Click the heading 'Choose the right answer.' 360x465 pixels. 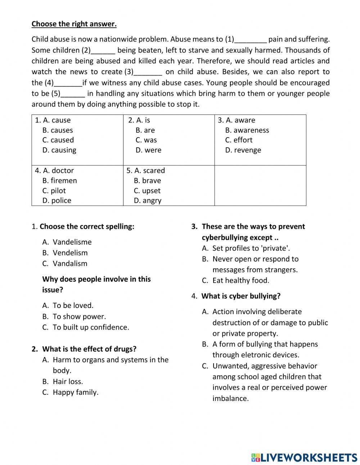click(74, 24)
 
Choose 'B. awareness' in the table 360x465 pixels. click(247, 130)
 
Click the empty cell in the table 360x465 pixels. click(260, 185)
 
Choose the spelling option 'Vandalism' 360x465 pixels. click(70, 264)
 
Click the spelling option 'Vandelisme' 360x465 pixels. click(72, 242)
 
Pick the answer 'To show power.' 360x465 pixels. click(79, 317)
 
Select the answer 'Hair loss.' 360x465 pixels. click(68, 381)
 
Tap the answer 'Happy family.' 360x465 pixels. click(75, 392)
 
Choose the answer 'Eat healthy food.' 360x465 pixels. click(240, 281)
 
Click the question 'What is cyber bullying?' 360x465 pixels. click(240, 296)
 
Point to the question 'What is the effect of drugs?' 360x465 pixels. click(89, 349)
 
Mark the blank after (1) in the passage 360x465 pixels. click(251, 40)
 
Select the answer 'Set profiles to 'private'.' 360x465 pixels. click(251, 248)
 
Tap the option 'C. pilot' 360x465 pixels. click(54, 191)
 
